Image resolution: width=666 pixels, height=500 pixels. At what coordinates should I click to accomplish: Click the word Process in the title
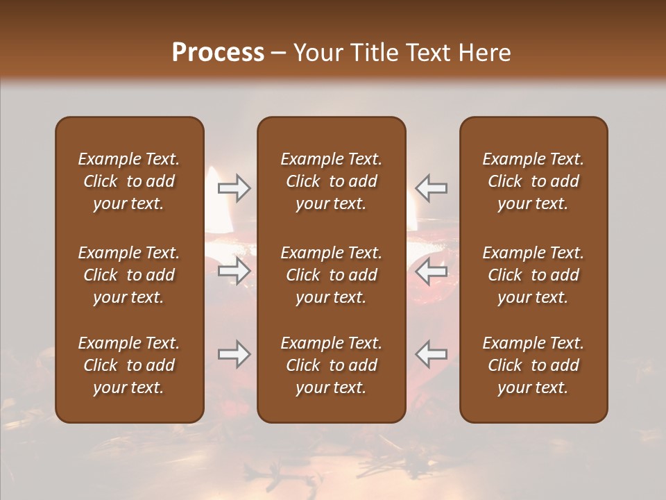pyautogui.click(x=218, y=53)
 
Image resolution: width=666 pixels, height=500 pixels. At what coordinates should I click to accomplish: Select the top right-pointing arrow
pyautogui.click(x=234, y=188)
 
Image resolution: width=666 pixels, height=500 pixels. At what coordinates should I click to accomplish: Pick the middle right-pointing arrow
pyautogui.click(x=234, y=272)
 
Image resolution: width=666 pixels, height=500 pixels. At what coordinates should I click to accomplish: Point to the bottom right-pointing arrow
pyautogui.click(x=234, y=354)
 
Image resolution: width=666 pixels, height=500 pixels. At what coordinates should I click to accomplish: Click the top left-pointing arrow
pyautogui.click(x=431, y=188)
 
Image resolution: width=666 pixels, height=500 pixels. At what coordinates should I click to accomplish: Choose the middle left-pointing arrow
pyautogui.click(x=431, y=272)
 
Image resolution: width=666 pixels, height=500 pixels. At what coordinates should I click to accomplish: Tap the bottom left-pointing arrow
pyautogui.click(x=431, y=354)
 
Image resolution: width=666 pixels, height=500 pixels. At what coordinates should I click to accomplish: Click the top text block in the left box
pyautogui.click(x=129, y=181)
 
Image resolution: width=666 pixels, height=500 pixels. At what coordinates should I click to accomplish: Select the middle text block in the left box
pyautogui.click(x=129, y=275)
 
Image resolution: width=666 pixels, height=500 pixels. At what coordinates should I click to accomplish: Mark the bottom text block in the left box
pyautogui.click(x=129, y=365)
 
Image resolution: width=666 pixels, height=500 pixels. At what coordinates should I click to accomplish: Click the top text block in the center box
pyautogui.click(x=331, y=181)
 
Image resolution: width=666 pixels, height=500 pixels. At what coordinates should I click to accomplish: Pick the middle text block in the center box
pyautogui.click(x=331, y=275)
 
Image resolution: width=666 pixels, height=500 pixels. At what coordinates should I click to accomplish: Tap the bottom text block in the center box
pyautogui.click(x=331, y=365)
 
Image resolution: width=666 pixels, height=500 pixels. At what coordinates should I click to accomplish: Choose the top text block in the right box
pyautogui.click(x=533, y=181)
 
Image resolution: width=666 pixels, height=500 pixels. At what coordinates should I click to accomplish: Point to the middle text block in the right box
pyautogui.click(x=533, y=275)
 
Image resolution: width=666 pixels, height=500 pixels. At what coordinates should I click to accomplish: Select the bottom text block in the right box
pyautogui.click(x=533, y=365)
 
